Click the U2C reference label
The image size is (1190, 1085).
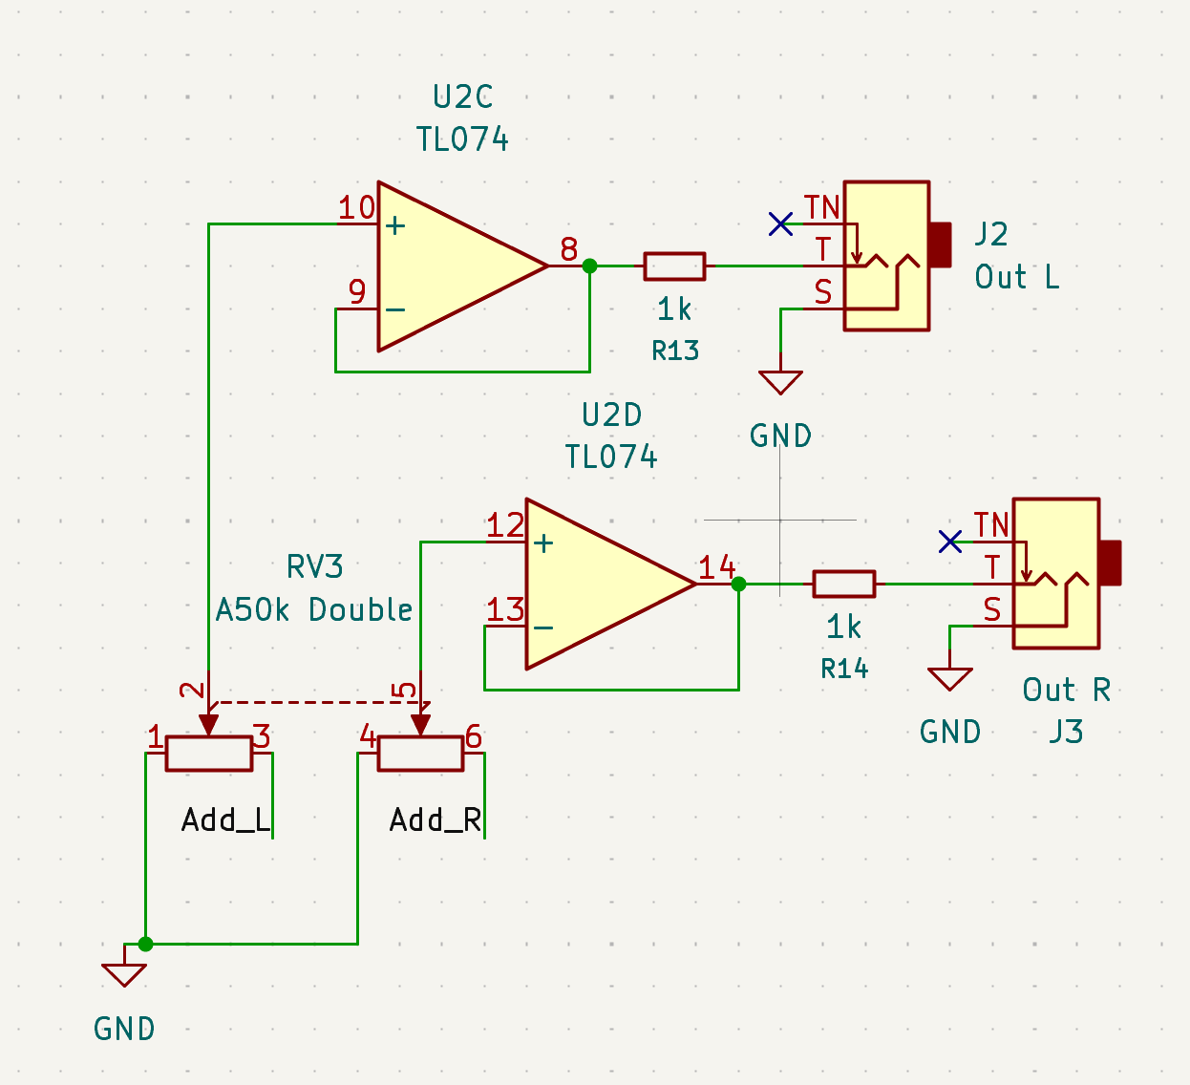pyautogui.click(x=462, y=96)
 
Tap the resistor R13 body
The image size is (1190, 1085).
pyautogui.click(x=674, y=266)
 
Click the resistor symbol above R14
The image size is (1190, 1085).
pyautogui.click(x=843, y=585)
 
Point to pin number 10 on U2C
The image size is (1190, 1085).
pyautogui.click(x=356, y=208)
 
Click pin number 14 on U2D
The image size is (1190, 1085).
pyautogui.click(x=716, y=567)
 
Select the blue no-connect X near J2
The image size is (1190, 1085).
pyautogui.click(x=780, y=224)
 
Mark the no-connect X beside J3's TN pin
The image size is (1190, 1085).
pyautogui.click(x=949, y=542)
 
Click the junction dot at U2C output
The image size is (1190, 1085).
pyautogui.click(x=589, y=266)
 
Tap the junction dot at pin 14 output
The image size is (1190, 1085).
pyautogui.click(x=738, y=585)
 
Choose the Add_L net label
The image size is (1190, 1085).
pyautogui.click(x=225, y=820)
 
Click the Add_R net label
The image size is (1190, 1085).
pyautogui.click(x=435, y=820)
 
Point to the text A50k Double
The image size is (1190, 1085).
pyautogui.click(x=314, y=609)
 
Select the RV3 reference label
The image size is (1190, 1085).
pyautogui.click(x=314, y=566)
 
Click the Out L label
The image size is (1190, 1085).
pyautogui.click(x=1017, y=277)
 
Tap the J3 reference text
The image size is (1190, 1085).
pyautogui.click(x=1066, y=732)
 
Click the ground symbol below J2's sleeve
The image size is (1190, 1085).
pyautogui.click(x=780, y=382)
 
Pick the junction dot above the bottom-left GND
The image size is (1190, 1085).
pyautogui.click(x=145, y=944)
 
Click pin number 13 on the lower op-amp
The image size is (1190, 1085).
pyautogui.click(x=505, y=609)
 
